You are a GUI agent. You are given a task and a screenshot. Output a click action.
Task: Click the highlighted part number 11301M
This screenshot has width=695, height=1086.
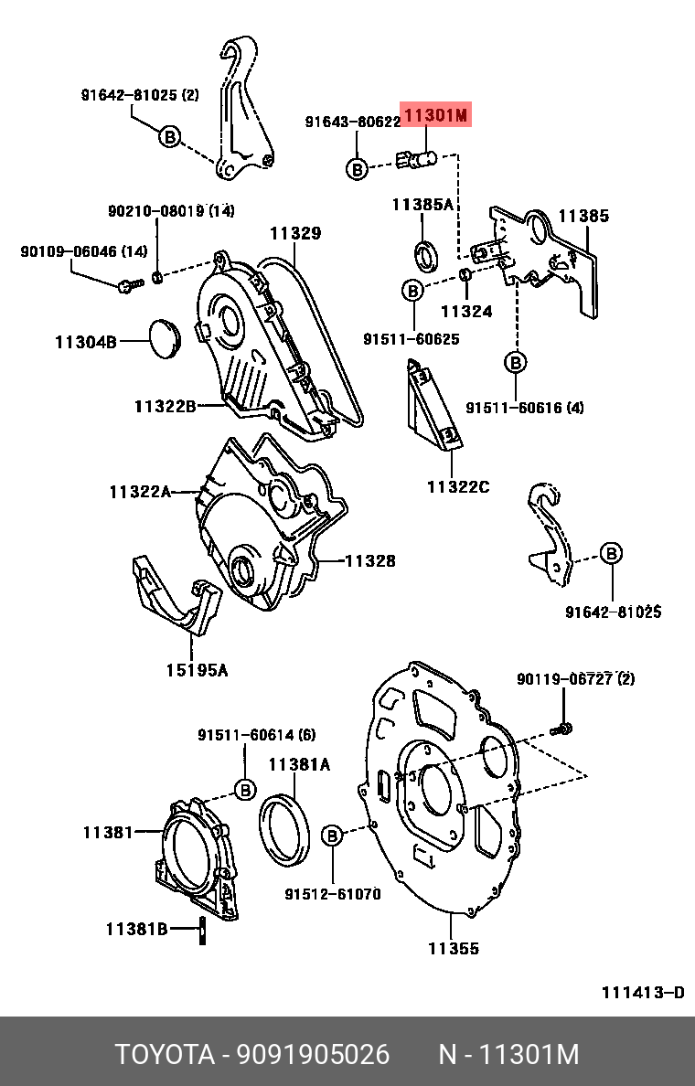[x=436, y=115]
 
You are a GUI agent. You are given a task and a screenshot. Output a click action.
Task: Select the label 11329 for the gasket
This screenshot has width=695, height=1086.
[x=294, y=234]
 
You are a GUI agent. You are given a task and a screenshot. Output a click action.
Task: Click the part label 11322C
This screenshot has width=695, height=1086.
[x=457, y=487]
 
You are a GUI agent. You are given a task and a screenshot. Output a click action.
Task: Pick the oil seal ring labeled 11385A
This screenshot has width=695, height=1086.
[x=426, y=255]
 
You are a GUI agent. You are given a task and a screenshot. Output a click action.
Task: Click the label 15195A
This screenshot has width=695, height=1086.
[x=197, y=670]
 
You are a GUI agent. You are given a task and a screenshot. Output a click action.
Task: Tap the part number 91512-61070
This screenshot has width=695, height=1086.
[x=332, y=894]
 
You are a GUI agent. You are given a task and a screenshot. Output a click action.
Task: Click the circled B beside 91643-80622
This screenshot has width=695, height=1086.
[x=357, y=168]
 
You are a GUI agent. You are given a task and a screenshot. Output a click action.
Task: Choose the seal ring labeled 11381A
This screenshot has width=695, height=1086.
[x=285, y=828]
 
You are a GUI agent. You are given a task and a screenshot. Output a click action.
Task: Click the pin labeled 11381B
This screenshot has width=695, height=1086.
[x=200, y=930]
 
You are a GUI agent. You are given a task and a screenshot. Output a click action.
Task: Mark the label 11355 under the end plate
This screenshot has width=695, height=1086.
[x=453, y=949]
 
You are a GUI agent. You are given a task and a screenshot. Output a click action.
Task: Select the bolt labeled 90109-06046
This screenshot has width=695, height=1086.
[x=127, y=285]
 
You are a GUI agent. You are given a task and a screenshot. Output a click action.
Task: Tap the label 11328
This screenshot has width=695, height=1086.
[x=369, y=560]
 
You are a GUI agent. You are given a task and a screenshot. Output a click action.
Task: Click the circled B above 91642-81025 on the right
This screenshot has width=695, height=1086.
[x=610, y=552]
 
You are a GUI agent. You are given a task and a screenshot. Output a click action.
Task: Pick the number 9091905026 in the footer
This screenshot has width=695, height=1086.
[x=314, y=1055]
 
